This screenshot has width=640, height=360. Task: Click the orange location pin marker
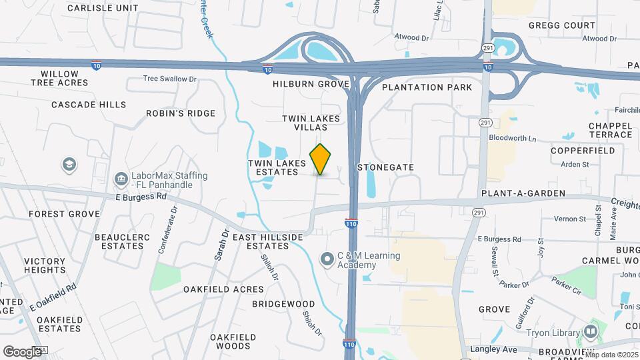pos(321,159)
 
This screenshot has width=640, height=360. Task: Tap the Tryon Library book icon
pos(590,331)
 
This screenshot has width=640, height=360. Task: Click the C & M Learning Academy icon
pos(327,258)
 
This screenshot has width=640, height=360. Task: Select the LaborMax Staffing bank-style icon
pos(121,179)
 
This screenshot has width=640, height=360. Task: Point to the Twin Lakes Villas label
pos(311,123)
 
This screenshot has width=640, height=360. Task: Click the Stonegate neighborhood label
pos(386,167)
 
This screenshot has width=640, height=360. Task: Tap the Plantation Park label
pos(427,87)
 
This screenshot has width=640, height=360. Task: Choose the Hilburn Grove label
pos(311,85)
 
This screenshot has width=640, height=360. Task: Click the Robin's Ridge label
pos(181,113)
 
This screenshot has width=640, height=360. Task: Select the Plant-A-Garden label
pos(523,193)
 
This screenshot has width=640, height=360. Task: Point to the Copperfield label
pos(583,151)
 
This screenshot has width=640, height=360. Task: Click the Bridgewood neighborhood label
pos(283,304)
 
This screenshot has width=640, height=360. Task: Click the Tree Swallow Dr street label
pos(171,79)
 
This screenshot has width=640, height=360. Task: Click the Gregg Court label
pos(561,25)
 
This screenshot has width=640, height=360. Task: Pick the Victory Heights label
pos(45,265)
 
